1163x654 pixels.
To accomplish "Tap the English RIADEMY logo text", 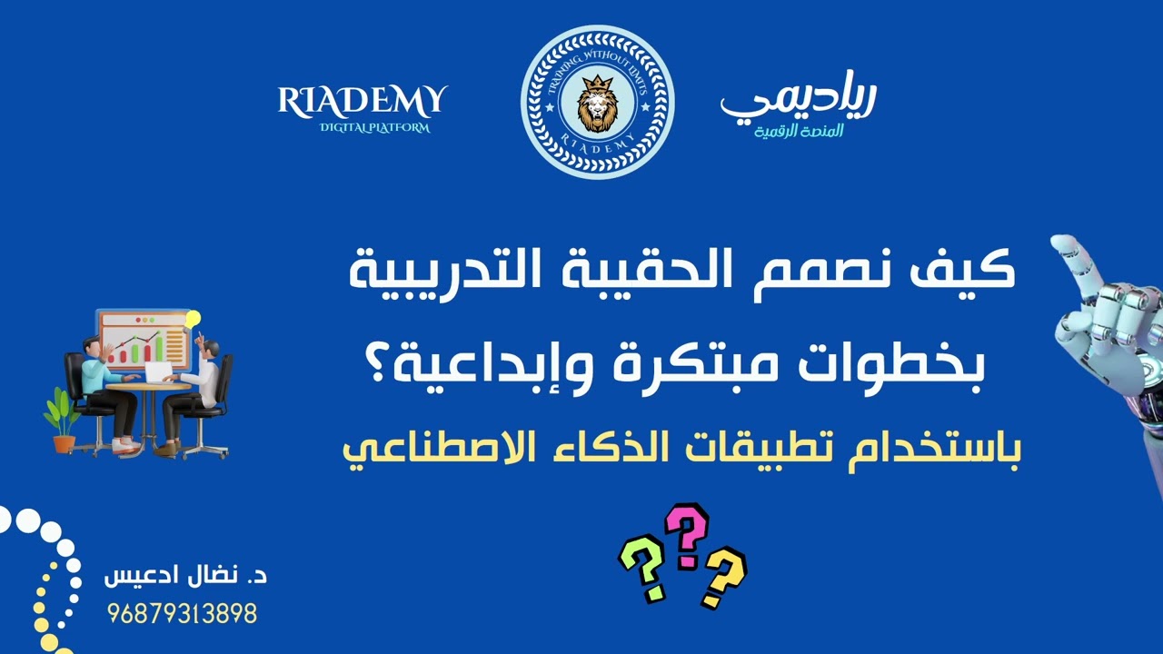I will point(363,100).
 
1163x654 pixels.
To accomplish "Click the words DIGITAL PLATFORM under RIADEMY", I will point(374,128).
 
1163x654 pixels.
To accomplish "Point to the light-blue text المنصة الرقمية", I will point(799,132).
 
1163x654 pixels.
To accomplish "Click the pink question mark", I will point(686,536).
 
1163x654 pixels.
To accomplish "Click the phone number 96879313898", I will point(182,615).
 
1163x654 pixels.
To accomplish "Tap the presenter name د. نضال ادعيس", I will point(185,577).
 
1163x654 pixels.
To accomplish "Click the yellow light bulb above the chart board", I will point(192,320).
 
